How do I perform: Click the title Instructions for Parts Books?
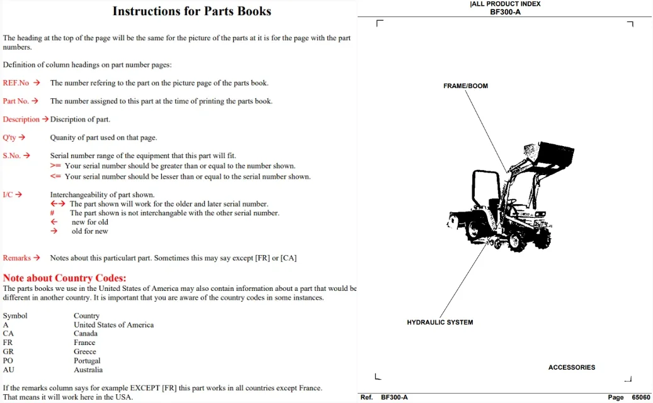coord(191,11)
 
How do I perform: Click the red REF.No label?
coord(16,83)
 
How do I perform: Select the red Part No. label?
coord(16,101)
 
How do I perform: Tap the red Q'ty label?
coord(9,137)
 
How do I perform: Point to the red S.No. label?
coord(12,156)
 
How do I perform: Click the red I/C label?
coord(8,195)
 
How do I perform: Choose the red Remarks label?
coord(16,258)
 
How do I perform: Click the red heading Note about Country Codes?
coord(65,278)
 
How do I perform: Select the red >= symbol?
coord(55,166)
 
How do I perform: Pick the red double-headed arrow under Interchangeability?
coord(58,203)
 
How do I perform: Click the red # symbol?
coord(52,213)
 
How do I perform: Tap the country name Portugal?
coord(87,361)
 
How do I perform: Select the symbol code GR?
coord(8,351)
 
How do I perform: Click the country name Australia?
coord(88,370)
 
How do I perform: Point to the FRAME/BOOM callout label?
coord(465,86)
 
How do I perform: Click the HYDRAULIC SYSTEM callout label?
coord(440,322)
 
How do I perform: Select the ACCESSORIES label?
coord(572,367)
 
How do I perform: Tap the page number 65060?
coord(641,397)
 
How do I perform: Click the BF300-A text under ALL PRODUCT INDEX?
coord(505,12)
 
